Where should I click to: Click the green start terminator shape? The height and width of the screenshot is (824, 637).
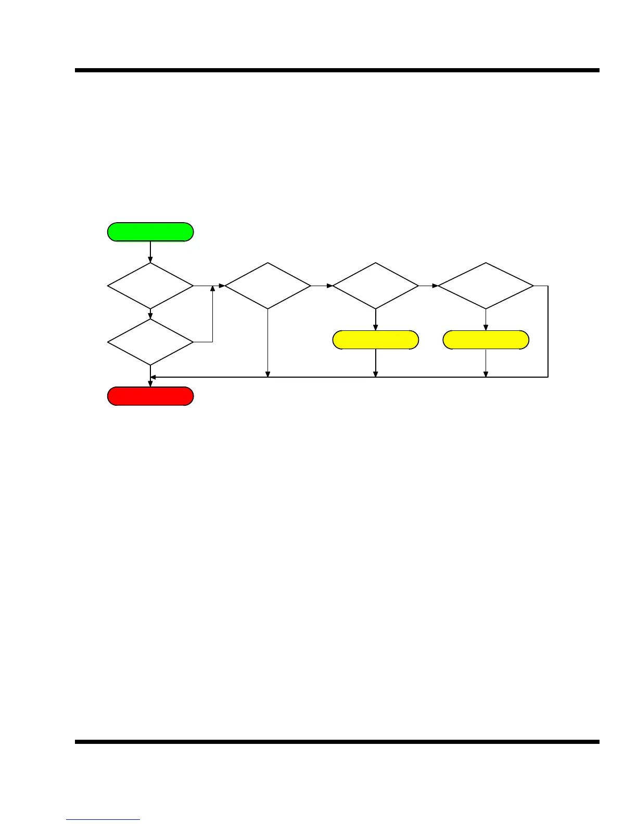pyautogui.click(x=150, y=232)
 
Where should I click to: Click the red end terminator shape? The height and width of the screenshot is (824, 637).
pyautogui.click(x=150, y=396)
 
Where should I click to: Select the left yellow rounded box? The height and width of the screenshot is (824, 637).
pyautogui.click(x=375, y=340)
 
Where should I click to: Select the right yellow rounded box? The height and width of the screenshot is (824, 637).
pyautogui.click(x=486, y=340)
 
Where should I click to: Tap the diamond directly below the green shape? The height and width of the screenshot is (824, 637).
pyautogui.click(x=150, y=286)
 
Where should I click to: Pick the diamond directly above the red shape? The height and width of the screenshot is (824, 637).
pyautogui.click(x=150, y=342)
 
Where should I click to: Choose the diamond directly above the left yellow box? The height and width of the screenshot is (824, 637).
pyautogui.click(x=375, y=286)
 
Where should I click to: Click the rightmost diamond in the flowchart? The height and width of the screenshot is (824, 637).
pyautogui.click(x=486, y=286)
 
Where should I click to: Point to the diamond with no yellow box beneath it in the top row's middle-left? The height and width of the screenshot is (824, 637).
pyautogui.click(x=267, y=286)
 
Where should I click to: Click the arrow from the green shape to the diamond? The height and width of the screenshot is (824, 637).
pyautogui.click(x=150, y=252)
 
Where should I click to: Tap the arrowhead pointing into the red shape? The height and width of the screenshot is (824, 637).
pyautogui.click(x=150, y=384)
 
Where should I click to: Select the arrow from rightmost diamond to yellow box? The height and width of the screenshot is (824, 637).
pyautogui.click(x=486, y=320)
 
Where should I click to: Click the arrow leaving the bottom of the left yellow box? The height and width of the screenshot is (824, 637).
pyautogui.click(x=375, y=363)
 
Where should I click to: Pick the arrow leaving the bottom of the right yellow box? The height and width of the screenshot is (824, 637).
pyautogui.click(x=486, y=363)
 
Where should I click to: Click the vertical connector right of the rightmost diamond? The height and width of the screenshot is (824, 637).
pyautogui.click(x=548, y=331)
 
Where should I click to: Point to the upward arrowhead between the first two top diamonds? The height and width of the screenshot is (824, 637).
pyautogui.click(x=212, y=288)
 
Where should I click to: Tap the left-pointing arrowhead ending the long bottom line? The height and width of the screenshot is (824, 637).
pyautogui.click(x=154, y=377)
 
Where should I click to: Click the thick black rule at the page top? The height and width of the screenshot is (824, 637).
pyautogui.click(x=337, y=70)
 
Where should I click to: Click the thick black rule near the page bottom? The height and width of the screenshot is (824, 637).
pyautogui.click(x=337, y=742)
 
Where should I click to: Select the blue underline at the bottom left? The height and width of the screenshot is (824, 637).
pyautogui.click(x=103, y=819)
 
